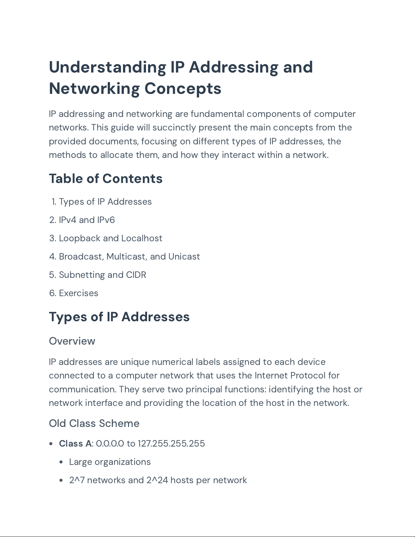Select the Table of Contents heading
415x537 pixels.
[106, 179]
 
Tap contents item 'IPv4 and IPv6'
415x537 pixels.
[87, 220]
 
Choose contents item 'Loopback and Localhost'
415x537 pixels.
[110, 238]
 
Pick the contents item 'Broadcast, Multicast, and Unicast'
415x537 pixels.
[129, 256]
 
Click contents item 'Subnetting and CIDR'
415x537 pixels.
[102, 275]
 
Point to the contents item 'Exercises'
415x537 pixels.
[79, 293]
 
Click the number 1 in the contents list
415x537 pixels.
[54, 202]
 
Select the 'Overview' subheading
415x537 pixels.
[72, 341]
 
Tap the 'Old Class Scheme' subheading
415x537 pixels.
[94, 423]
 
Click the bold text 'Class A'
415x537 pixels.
[75, 443]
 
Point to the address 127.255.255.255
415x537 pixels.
[171, 443]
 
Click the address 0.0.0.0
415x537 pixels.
[110, 443]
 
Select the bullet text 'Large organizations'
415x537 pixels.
[110, 462]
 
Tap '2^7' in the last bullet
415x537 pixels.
[77, 480]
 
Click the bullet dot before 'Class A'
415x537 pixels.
[51, 444]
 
